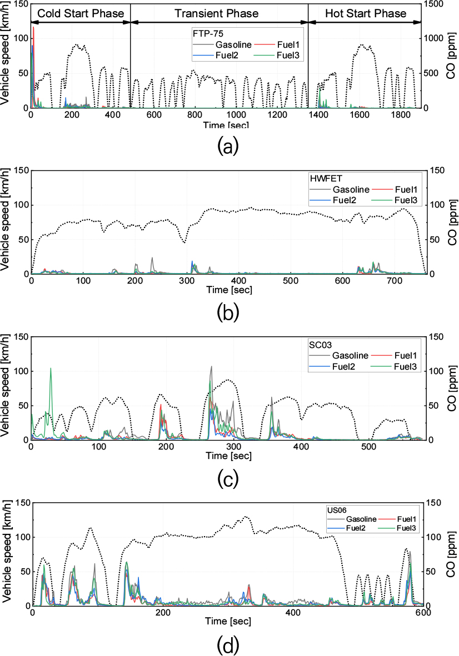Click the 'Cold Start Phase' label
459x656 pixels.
click(x=80, y=13)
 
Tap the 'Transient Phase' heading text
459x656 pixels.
click(x=218, y=13)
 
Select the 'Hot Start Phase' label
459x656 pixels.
click(x=366, y=13)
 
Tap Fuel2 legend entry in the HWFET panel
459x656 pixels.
click(x=348, y=200)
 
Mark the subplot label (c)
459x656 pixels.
click(x=228, y=477)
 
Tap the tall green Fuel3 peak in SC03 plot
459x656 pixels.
click(x=51, y=369)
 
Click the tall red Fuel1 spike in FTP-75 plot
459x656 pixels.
click(x=33, y=28)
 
